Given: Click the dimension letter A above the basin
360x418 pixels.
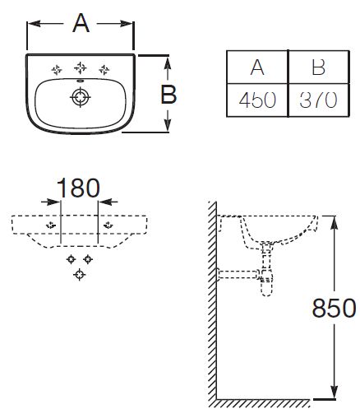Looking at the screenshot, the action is pyautogui.click(x=81, y=23).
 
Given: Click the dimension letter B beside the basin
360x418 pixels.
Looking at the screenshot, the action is pyautogui.click(x=168, y=95).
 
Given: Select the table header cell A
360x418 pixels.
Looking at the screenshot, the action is pyautogui.click(x=257, y=67).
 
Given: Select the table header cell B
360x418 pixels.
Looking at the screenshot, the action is pyautogui.click(x=319, y=67).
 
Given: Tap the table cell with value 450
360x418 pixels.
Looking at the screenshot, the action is pyautogui.click(x=257, y=100).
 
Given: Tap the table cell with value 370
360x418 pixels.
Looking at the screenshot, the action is pyautogui.click(x=319, y=100).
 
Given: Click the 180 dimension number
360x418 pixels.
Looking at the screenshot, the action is pyautogui.click(x=78, y=188).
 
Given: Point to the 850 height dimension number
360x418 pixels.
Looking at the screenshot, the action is pyautogui.click(x=334, y=308).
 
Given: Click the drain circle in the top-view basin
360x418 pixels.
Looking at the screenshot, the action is pyautogui.click(x=80, y=97).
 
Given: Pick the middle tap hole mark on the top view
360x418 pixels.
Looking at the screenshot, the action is pyautogui.click(x=81, y=67).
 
